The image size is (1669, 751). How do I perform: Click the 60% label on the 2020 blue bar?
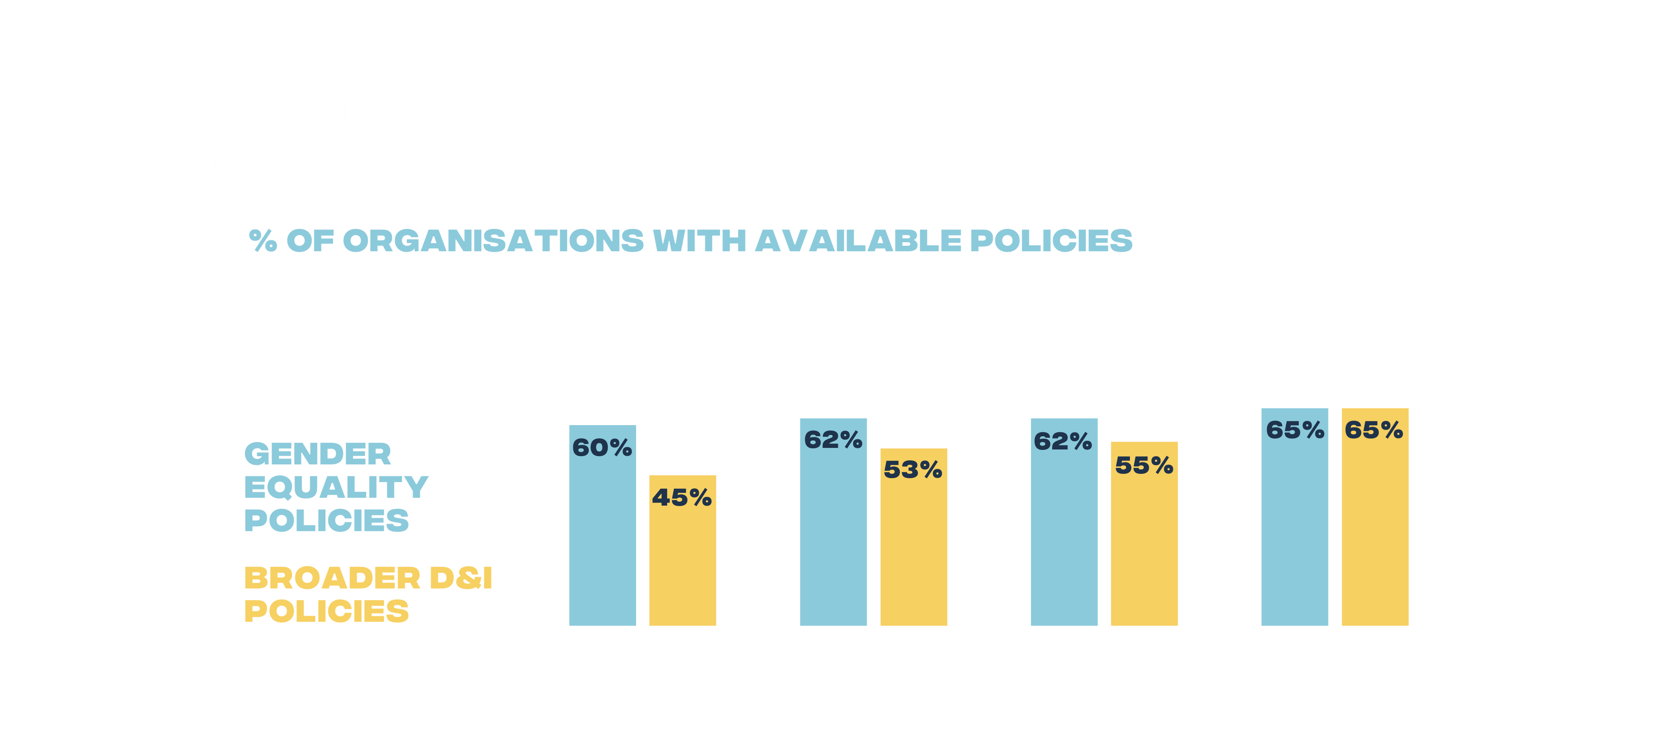point(602,448)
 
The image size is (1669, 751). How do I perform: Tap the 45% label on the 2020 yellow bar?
point(682,497)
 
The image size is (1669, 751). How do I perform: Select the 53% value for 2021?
point(913,470)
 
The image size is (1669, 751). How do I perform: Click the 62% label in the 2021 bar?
point(833,440)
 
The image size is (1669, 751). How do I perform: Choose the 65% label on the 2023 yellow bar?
point(1374,430)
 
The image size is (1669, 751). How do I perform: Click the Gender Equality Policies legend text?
point(336,487)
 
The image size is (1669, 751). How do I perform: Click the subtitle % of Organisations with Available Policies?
point(691,241)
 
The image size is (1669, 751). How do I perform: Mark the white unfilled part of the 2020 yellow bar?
point(682,382)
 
